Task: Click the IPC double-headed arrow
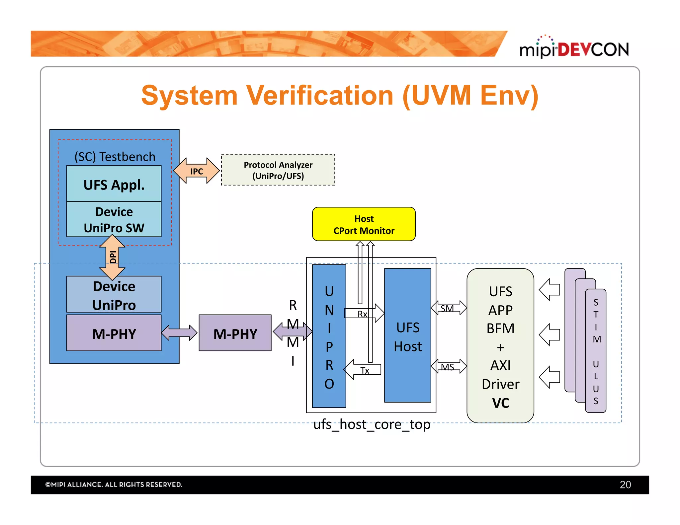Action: click(x=196, y=171)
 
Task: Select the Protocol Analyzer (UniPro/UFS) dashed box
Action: click(x=278, y=170)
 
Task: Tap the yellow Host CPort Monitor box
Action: click(x=364, y=224)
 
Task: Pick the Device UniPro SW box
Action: click(x=114, y=220)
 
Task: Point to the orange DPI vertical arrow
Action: click(x=113, y=257)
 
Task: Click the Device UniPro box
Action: click(x=114, y=295)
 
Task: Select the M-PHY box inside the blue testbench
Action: click(x=114, y=333)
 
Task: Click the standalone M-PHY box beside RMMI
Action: click(x=235, y=333)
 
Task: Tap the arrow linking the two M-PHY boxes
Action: click(x=180, y=333)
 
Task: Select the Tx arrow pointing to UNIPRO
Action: click(x=363, y=370)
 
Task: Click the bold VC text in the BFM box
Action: click(x=500, y=403)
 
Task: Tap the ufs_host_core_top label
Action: click(x=372, y=424)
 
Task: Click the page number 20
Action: click(x=625, y=485)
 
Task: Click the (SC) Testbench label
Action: click(x=115, y=157)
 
